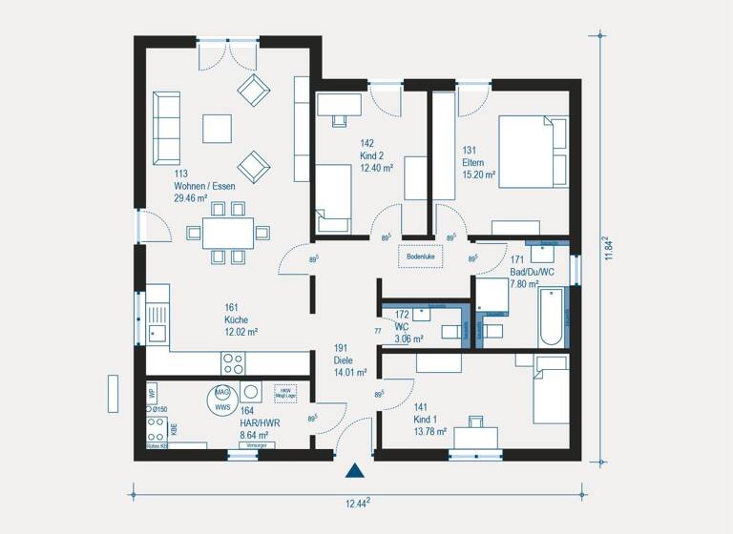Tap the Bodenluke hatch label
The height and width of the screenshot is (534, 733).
[420, 257]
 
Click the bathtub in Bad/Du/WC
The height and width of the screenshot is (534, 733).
[551, 318]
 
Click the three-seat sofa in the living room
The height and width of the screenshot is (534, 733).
[166, 128]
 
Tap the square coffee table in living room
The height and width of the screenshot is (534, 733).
[217, 128]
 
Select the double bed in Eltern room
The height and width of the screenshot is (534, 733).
[533, 153]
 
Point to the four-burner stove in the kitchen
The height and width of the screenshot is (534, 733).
[233, 362]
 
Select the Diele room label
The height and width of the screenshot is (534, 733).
[345, 359]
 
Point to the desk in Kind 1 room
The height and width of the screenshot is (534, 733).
[475, 437]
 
